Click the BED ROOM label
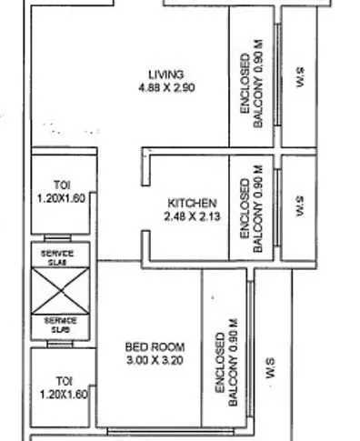coord(155,347)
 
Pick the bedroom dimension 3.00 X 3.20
coord(155,361)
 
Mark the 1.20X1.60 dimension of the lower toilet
coord(62,396)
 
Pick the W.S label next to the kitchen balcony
coord(300,203)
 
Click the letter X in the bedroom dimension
coord(155,361)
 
